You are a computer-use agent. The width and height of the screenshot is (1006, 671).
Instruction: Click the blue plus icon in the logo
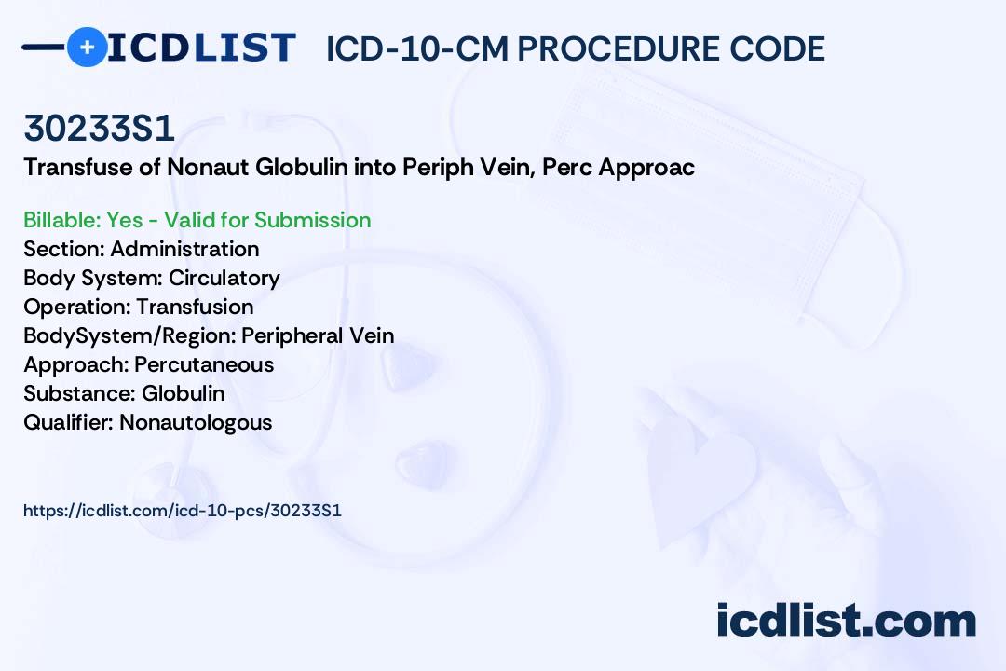[x=87, y=47]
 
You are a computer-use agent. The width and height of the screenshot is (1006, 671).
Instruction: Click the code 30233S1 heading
[x=100, y=128]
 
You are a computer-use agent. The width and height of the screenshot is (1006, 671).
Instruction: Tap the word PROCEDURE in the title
[x=619, y=48]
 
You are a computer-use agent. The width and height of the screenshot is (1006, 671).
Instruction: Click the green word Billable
[x=61, y=220]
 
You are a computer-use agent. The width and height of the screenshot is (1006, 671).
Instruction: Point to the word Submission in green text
[x=312, y=220]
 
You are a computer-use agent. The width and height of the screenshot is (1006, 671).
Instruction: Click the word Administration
[x=184, y=249]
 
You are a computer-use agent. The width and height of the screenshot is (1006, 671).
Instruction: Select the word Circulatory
[x=224, y=279]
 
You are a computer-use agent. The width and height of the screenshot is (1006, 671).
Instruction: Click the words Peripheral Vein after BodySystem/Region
[x=318, y=335]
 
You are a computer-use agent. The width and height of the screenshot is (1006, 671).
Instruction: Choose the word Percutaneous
[x=204, y=364]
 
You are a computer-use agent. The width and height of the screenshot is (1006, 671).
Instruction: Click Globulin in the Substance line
[x=183, y=393]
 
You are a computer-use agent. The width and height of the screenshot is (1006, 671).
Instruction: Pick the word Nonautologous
[x=196, y=423]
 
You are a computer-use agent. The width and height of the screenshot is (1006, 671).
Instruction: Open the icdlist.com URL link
[x=183, y=511]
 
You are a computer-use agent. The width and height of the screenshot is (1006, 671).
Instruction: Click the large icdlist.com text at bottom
[x=847, y=620]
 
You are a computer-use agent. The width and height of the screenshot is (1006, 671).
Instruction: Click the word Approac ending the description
[x=646, y=169]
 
